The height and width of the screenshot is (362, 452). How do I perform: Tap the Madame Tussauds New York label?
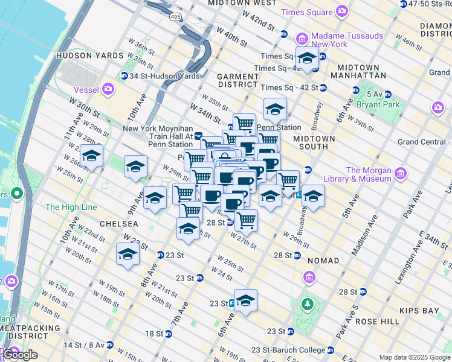click(x=347, y=40)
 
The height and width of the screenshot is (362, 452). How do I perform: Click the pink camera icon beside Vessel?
click(x=108, y=89)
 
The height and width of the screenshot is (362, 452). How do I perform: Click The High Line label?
click(x=71, y=207)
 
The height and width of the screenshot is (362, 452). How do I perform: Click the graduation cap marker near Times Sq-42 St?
click(x=307, y=59)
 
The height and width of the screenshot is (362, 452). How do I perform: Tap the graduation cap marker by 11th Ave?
click(x=91, y=156)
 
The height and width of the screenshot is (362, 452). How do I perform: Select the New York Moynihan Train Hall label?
click(x=158, y=136)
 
